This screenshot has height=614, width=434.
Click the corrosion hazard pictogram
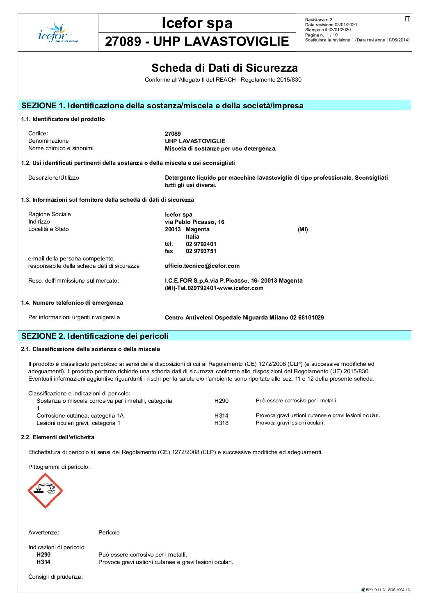click(x=45, y=491)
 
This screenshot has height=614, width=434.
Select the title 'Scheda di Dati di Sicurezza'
click(x=224, y=68)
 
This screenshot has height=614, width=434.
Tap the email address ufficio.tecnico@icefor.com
click(x=202, y=266)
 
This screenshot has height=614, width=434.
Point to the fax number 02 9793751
click(x=201, y=251)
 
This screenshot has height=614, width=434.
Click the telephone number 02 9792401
click(x=201, y=244)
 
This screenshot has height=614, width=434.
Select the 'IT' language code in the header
click(x=407, y=19)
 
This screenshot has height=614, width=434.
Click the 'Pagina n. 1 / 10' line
click(x=321, y=35)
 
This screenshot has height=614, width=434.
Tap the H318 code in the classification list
click(x=221, y=423)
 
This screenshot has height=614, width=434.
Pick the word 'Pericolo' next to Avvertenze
click(x=109, y=532)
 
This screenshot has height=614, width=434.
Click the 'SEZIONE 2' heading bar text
click(x=95, y=336)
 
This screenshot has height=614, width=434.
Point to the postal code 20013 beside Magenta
click(x=173, y=229)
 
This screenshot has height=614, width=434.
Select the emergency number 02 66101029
click(x=307, y=317)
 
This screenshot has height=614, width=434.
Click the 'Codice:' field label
click(x=38, y=133)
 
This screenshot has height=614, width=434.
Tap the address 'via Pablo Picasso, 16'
click(x=194, y=222)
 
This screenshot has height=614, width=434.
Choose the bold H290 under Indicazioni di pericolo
click(x=43, y=555)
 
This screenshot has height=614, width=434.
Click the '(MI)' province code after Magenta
click(x=303, y=229)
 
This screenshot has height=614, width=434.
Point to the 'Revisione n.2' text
click(x=319, y=20)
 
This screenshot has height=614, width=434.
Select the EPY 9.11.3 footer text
click(x=387, y=590)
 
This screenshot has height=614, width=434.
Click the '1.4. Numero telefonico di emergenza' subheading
click(x=72, y=303)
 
